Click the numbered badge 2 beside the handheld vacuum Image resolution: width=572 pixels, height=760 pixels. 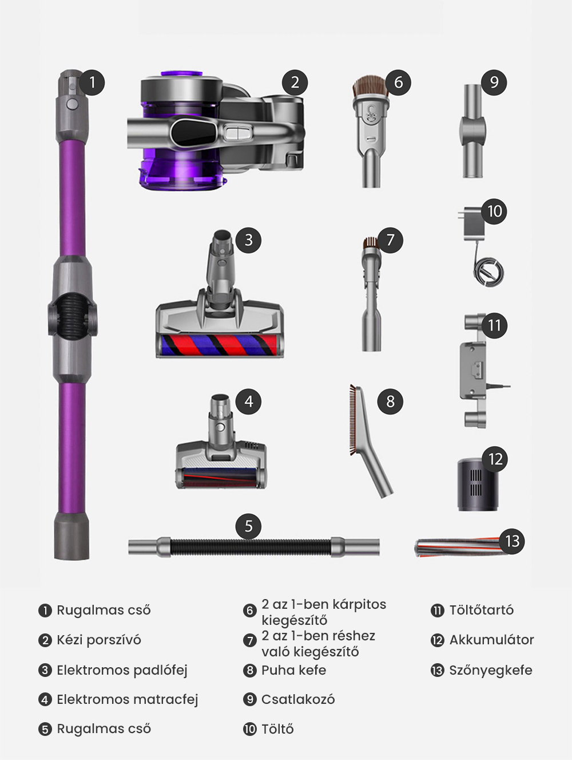[295, 82]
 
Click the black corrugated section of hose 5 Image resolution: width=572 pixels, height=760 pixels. [250, 547]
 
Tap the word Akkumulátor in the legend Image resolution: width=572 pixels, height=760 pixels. [491, 640]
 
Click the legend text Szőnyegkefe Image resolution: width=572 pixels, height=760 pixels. [490, 670]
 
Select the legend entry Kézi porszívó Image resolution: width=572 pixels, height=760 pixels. [98, 640]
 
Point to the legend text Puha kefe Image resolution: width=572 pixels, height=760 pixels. [293, 670]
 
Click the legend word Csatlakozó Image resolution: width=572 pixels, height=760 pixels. [298, 699]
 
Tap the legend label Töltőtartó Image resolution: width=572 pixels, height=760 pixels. [481, 610]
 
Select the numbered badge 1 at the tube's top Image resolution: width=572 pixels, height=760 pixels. [93, 82]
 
